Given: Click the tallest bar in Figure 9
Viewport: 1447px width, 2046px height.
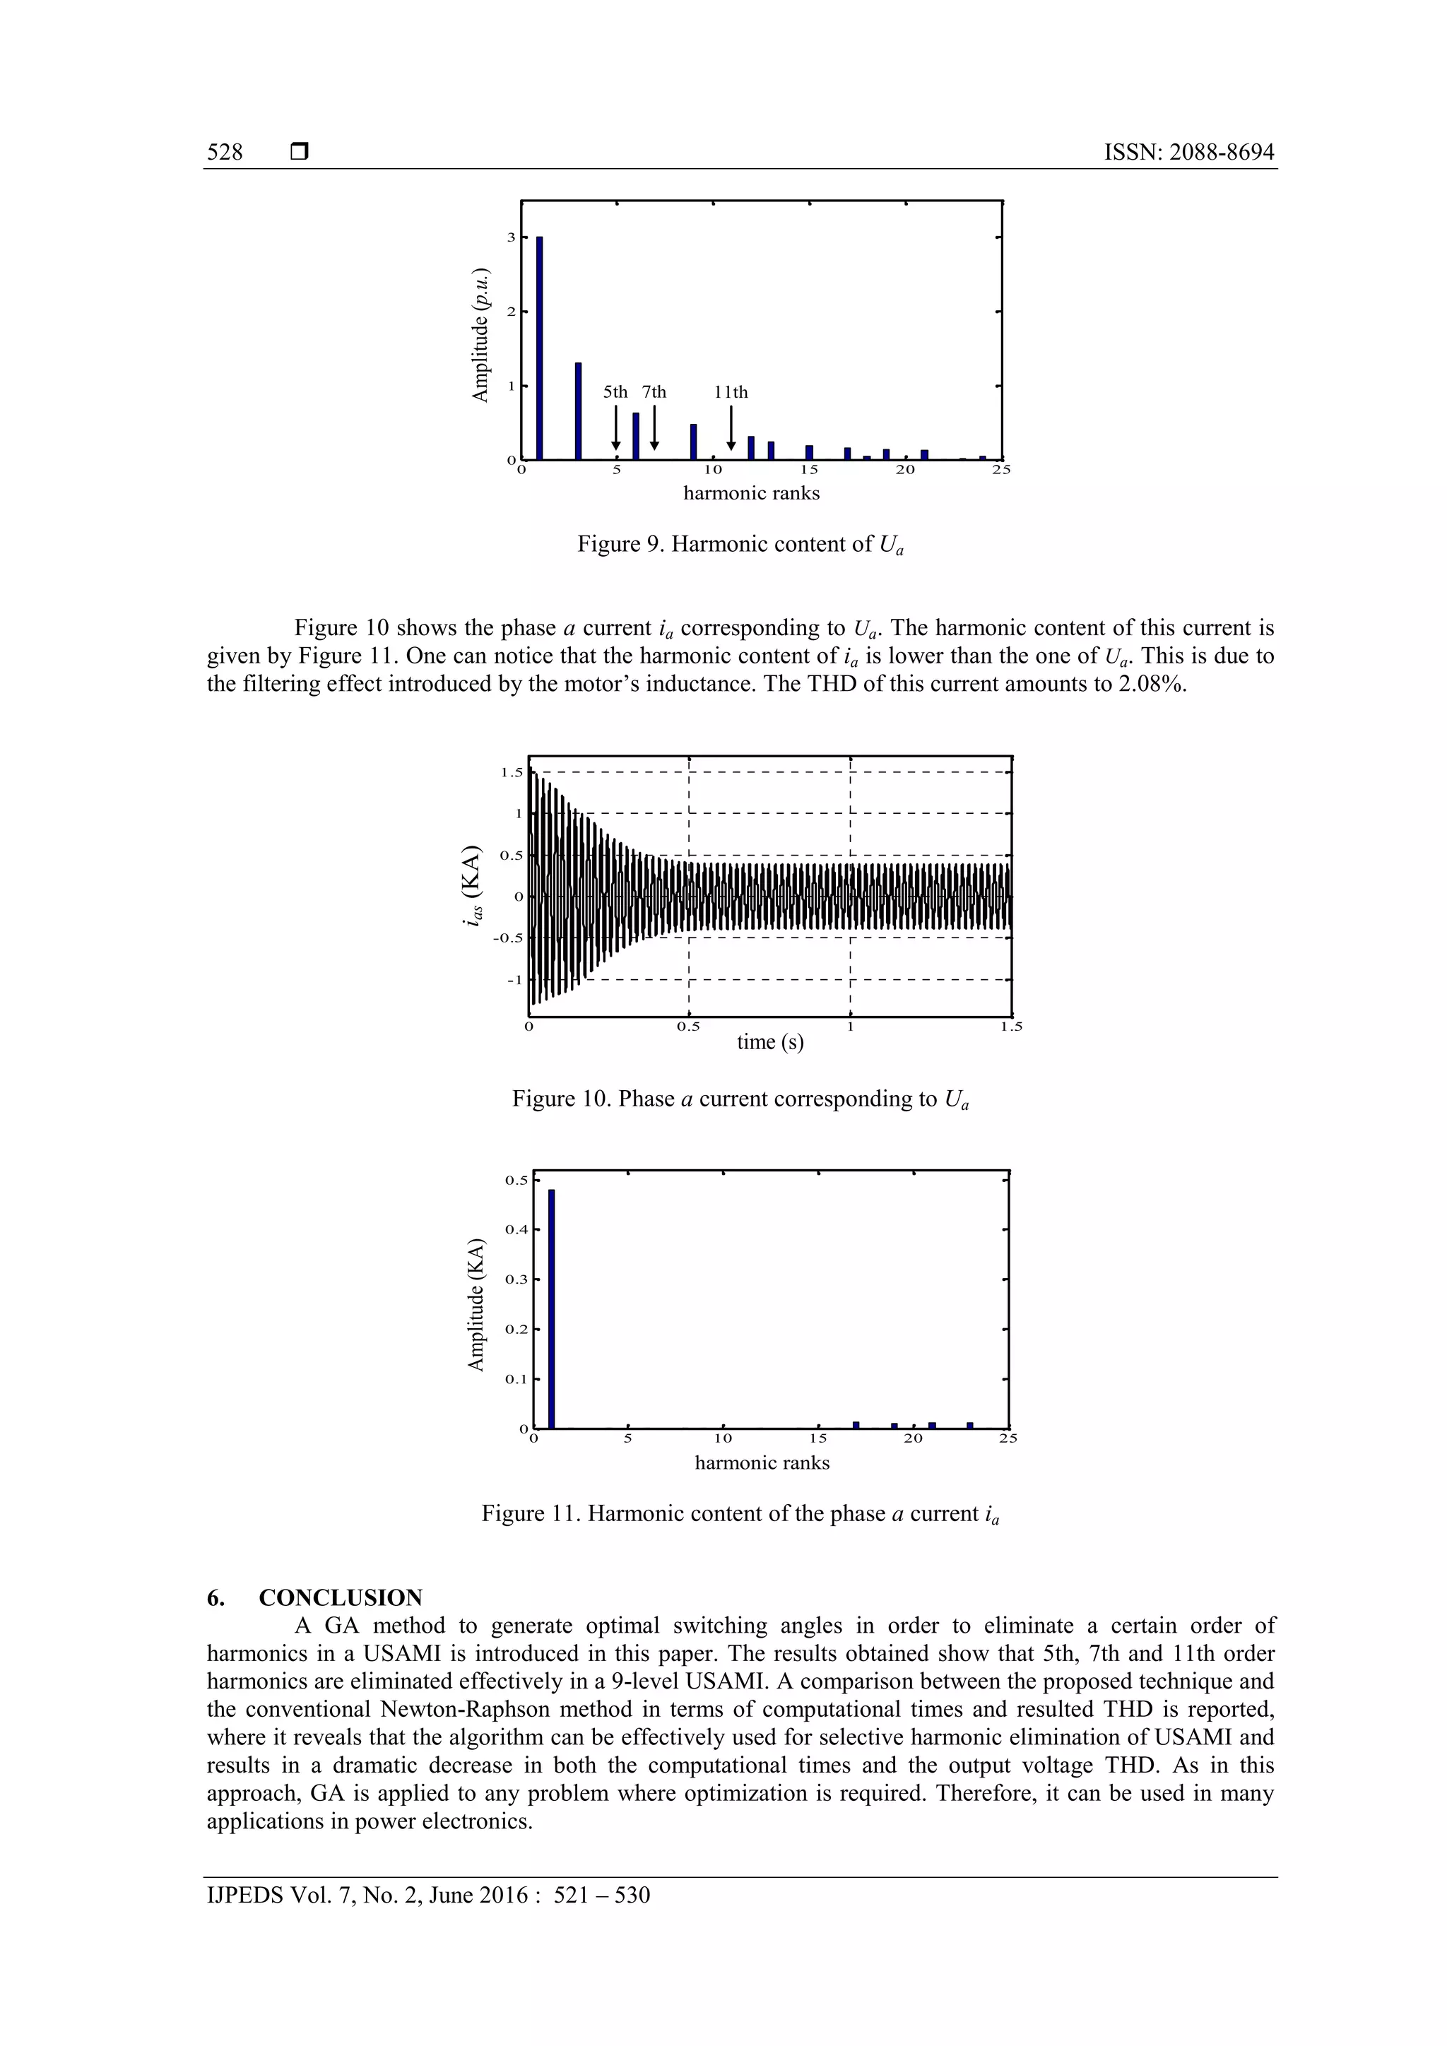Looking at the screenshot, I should pos(540,348).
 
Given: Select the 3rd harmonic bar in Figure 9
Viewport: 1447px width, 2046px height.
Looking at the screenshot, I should pos(578,410).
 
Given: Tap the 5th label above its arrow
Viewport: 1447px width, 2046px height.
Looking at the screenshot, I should pos(615,392).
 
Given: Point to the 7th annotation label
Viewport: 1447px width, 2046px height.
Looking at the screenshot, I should pos(654,392).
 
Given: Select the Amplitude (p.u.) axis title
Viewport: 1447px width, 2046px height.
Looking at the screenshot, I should pos(480,334).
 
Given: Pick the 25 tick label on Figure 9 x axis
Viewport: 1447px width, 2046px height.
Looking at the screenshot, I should pos(1001,470).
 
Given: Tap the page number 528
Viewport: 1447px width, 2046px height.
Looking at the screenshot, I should pos(225,153).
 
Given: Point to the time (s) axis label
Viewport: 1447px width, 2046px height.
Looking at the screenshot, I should pos(770,1041).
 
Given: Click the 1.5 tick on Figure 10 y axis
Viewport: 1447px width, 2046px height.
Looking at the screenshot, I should pos(512,771).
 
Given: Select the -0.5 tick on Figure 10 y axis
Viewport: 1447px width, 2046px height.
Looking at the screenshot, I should pos(508,938).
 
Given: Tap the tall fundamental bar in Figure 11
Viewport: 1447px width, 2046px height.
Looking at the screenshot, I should pos(552,1308).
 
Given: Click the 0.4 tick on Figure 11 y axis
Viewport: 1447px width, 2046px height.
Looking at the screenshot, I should pos(516,1230).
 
